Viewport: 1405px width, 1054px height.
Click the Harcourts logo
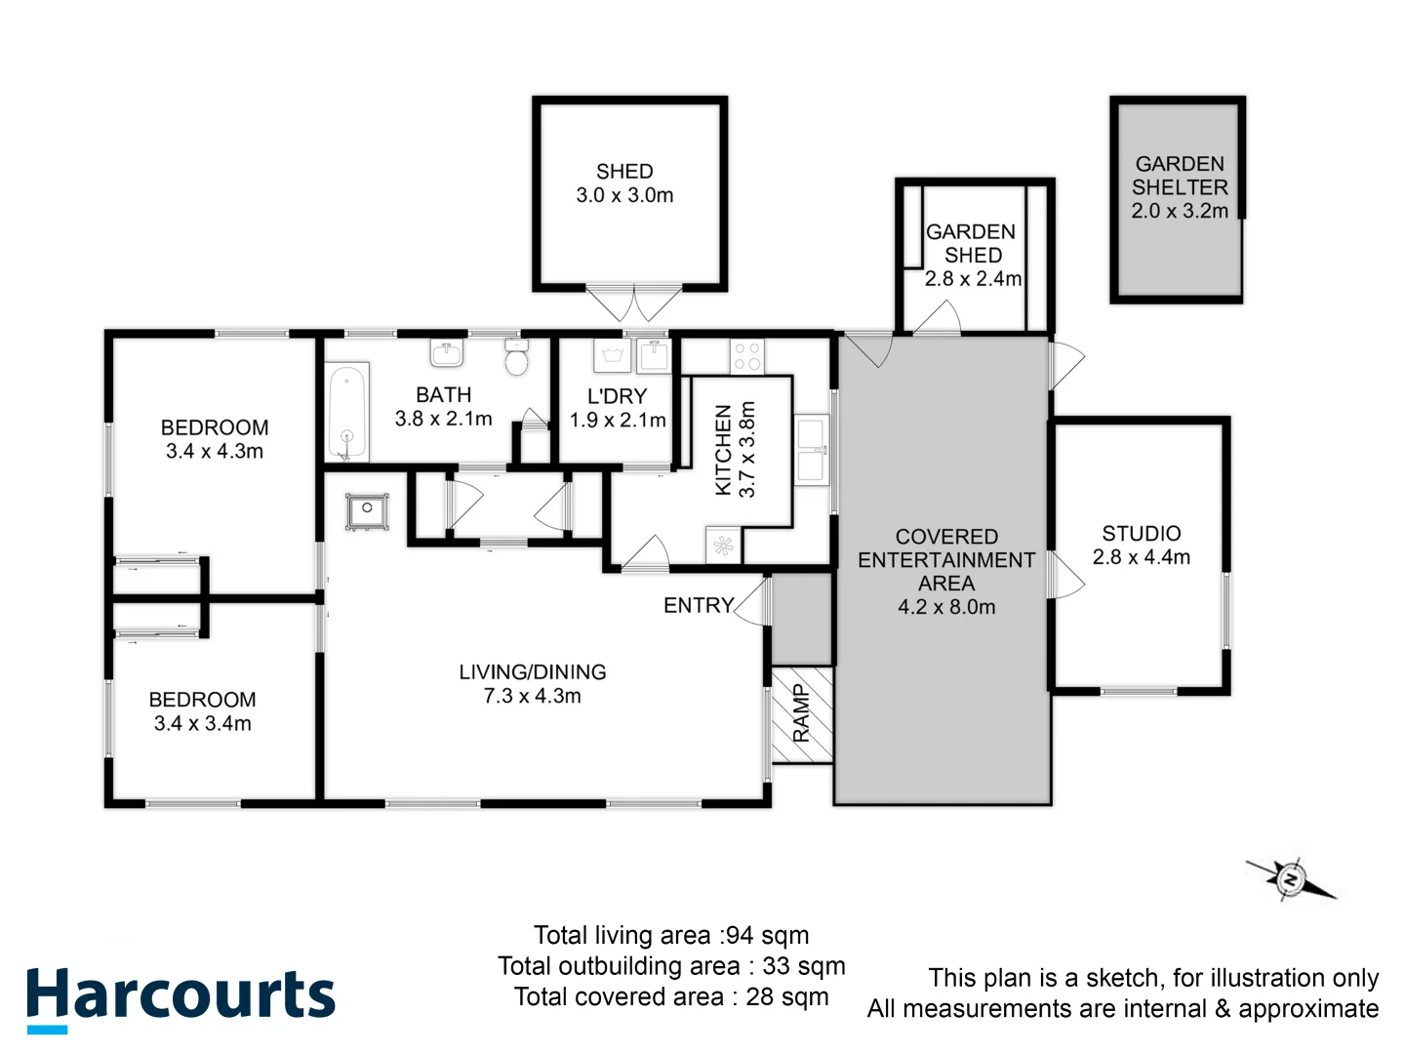(x=181, y=997)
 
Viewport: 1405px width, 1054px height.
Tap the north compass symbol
(x=1291, y=879)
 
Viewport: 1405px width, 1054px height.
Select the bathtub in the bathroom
(x=347, y=412)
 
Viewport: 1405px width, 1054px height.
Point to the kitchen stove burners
(x=747, y=356)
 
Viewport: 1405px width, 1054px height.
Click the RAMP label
(x=801, y=713)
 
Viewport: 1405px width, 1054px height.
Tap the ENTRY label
(x=698, y=605)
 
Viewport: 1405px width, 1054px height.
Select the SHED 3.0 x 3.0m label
(x=624, y=183)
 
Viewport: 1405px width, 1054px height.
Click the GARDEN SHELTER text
(x=1180, y=176)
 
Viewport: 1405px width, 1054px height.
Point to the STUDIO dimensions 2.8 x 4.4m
(x=1142, y=557)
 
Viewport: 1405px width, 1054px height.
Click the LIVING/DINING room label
(x=533, y=671)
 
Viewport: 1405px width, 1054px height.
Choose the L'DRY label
(x=617, y=396)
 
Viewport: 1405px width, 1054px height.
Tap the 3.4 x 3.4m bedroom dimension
(x=203, y=723)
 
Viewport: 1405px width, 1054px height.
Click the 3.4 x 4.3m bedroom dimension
(x=215, y=451)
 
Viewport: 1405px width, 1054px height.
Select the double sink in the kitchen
(x=812, y=450)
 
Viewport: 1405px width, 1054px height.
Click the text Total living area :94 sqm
(x=671, y=935)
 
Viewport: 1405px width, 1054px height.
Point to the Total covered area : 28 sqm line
(x=671, y=996)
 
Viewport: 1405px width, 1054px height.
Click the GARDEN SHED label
(x=972, y=243)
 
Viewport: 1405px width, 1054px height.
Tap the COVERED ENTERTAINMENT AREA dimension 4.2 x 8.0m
(x=946, y=607)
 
